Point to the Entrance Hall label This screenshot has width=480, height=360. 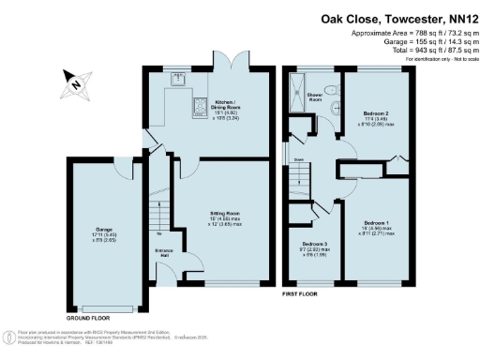click(164, 253)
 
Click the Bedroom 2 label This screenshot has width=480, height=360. click(376, 118)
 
